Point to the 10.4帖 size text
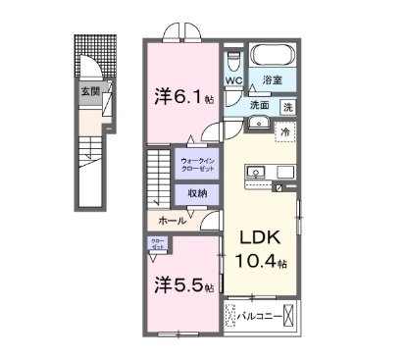[x=260, y=263]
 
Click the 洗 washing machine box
[x=288, y=106]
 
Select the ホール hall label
[x=171, y=220]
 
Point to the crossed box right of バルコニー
[x=290, y=317]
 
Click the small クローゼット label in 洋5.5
[x=158, y=245]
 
